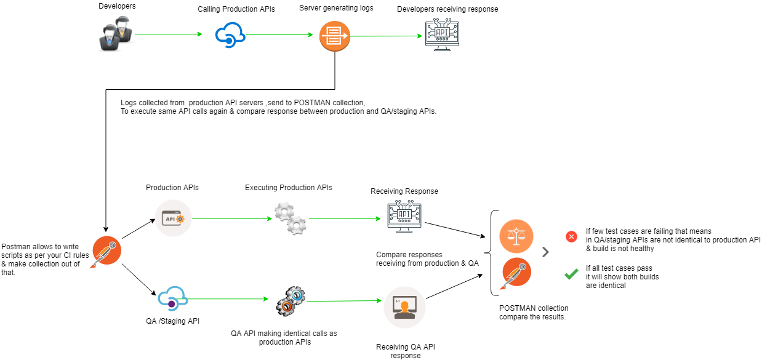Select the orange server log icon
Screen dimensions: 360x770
334,36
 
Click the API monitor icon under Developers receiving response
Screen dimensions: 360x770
443,36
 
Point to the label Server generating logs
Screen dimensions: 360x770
336,8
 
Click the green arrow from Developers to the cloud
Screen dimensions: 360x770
168,34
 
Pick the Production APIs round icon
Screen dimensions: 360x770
173,218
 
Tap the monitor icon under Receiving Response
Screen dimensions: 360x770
404,218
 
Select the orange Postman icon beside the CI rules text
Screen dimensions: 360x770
106,251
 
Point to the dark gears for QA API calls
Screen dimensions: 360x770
290,300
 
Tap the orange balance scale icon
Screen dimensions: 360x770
516,236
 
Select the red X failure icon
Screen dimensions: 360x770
571,236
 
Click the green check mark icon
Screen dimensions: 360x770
571,274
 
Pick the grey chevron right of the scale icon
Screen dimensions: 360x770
545,252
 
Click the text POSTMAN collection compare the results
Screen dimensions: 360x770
534,313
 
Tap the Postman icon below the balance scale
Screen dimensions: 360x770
516,273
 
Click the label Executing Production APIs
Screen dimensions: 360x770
289,187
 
